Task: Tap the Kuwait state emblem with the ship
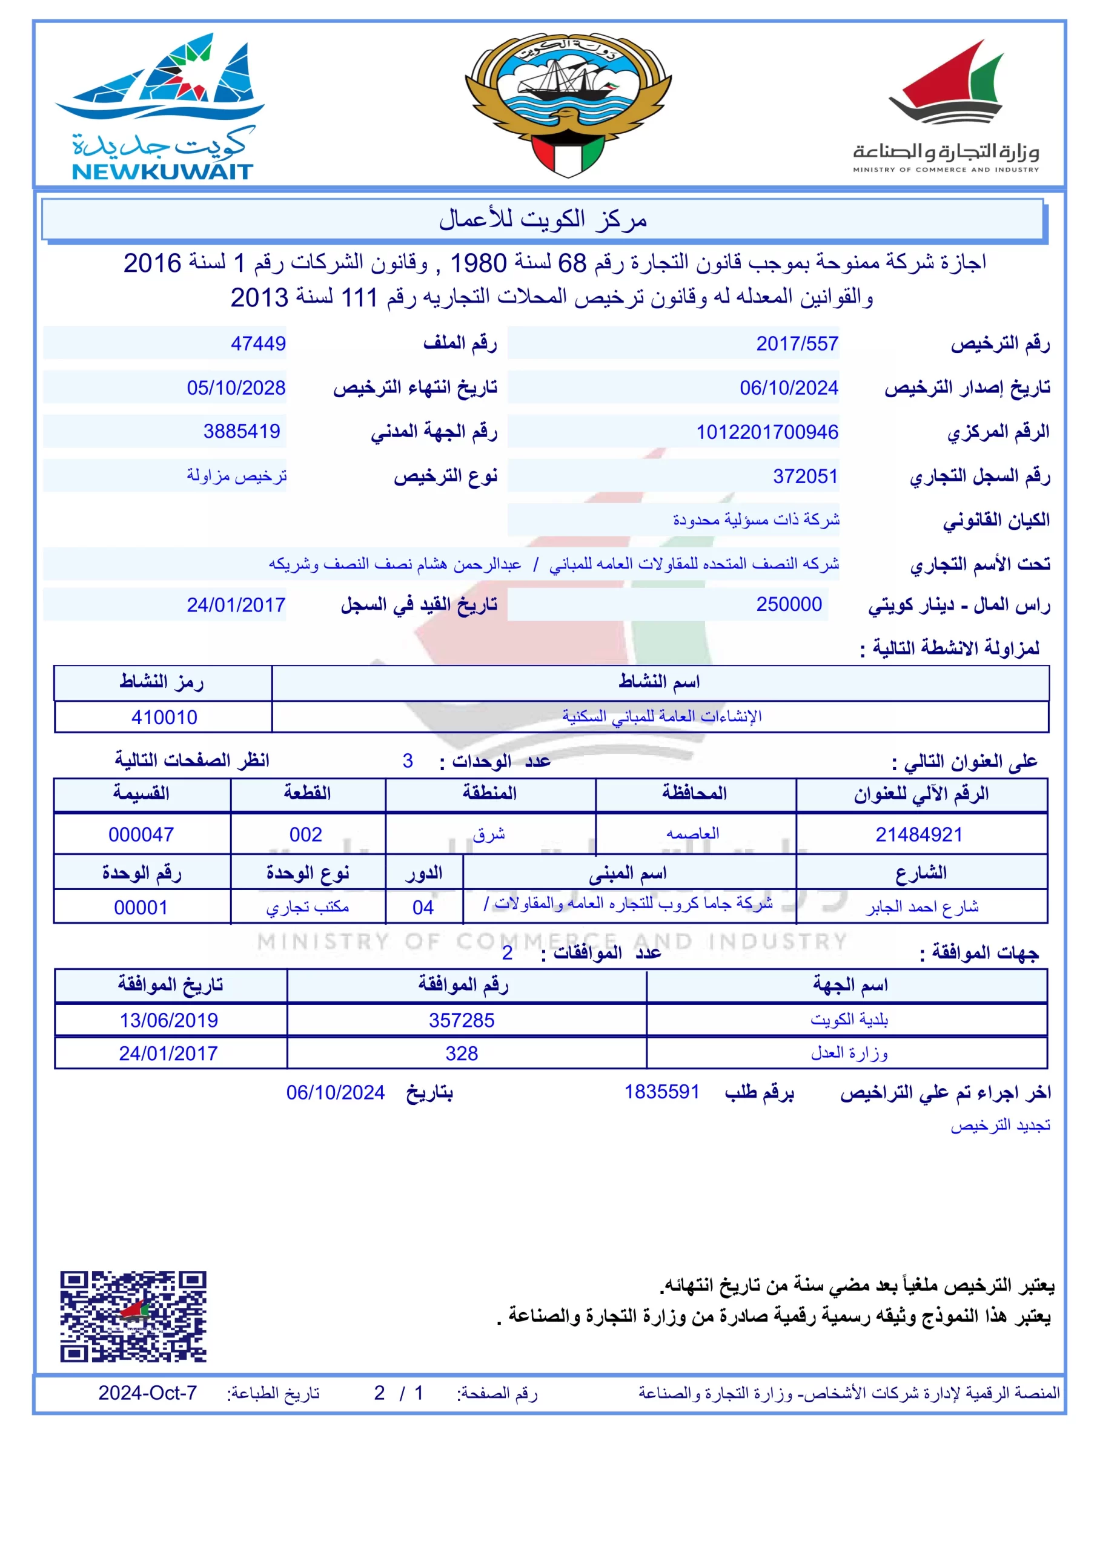pyautogui.click(x=568, y=105)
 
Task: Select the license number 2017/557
pyautogui.click(x=797, y=344)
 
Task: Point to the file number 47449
pyautogui.click(x=258, y=344)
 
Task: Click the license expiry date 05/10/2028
pyautogui.click(x=236, y=387)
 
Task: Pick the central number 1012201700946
pyautogui.click(x=767, y=432)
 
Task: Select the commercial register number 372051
pyautogui.click(x=805, y=477)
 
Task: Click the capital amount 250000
pyautogui.click(x=788, y=604)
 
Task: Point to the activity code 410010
pyautogui.click(x=164, y=717)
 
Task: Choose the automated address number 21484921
pyautogui.click(x=919, y=834)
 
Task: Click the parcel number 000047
pyautogui.click(x=141, y=834)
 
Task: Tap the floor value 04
pyautogui.click(x=423, y=908)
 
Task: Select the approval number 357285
pyautogui.click(x=462, y=1020)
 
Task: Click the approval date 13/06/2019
pyautogui.click(x=169, y=1020)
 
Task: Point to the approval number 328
pyautogui.click(x=462, y=1053)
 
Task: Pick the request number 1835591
pyautogui.click(x=661, y=1092)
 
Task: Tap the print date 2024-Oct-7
pyautogui.click(x=147, y=1393)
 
